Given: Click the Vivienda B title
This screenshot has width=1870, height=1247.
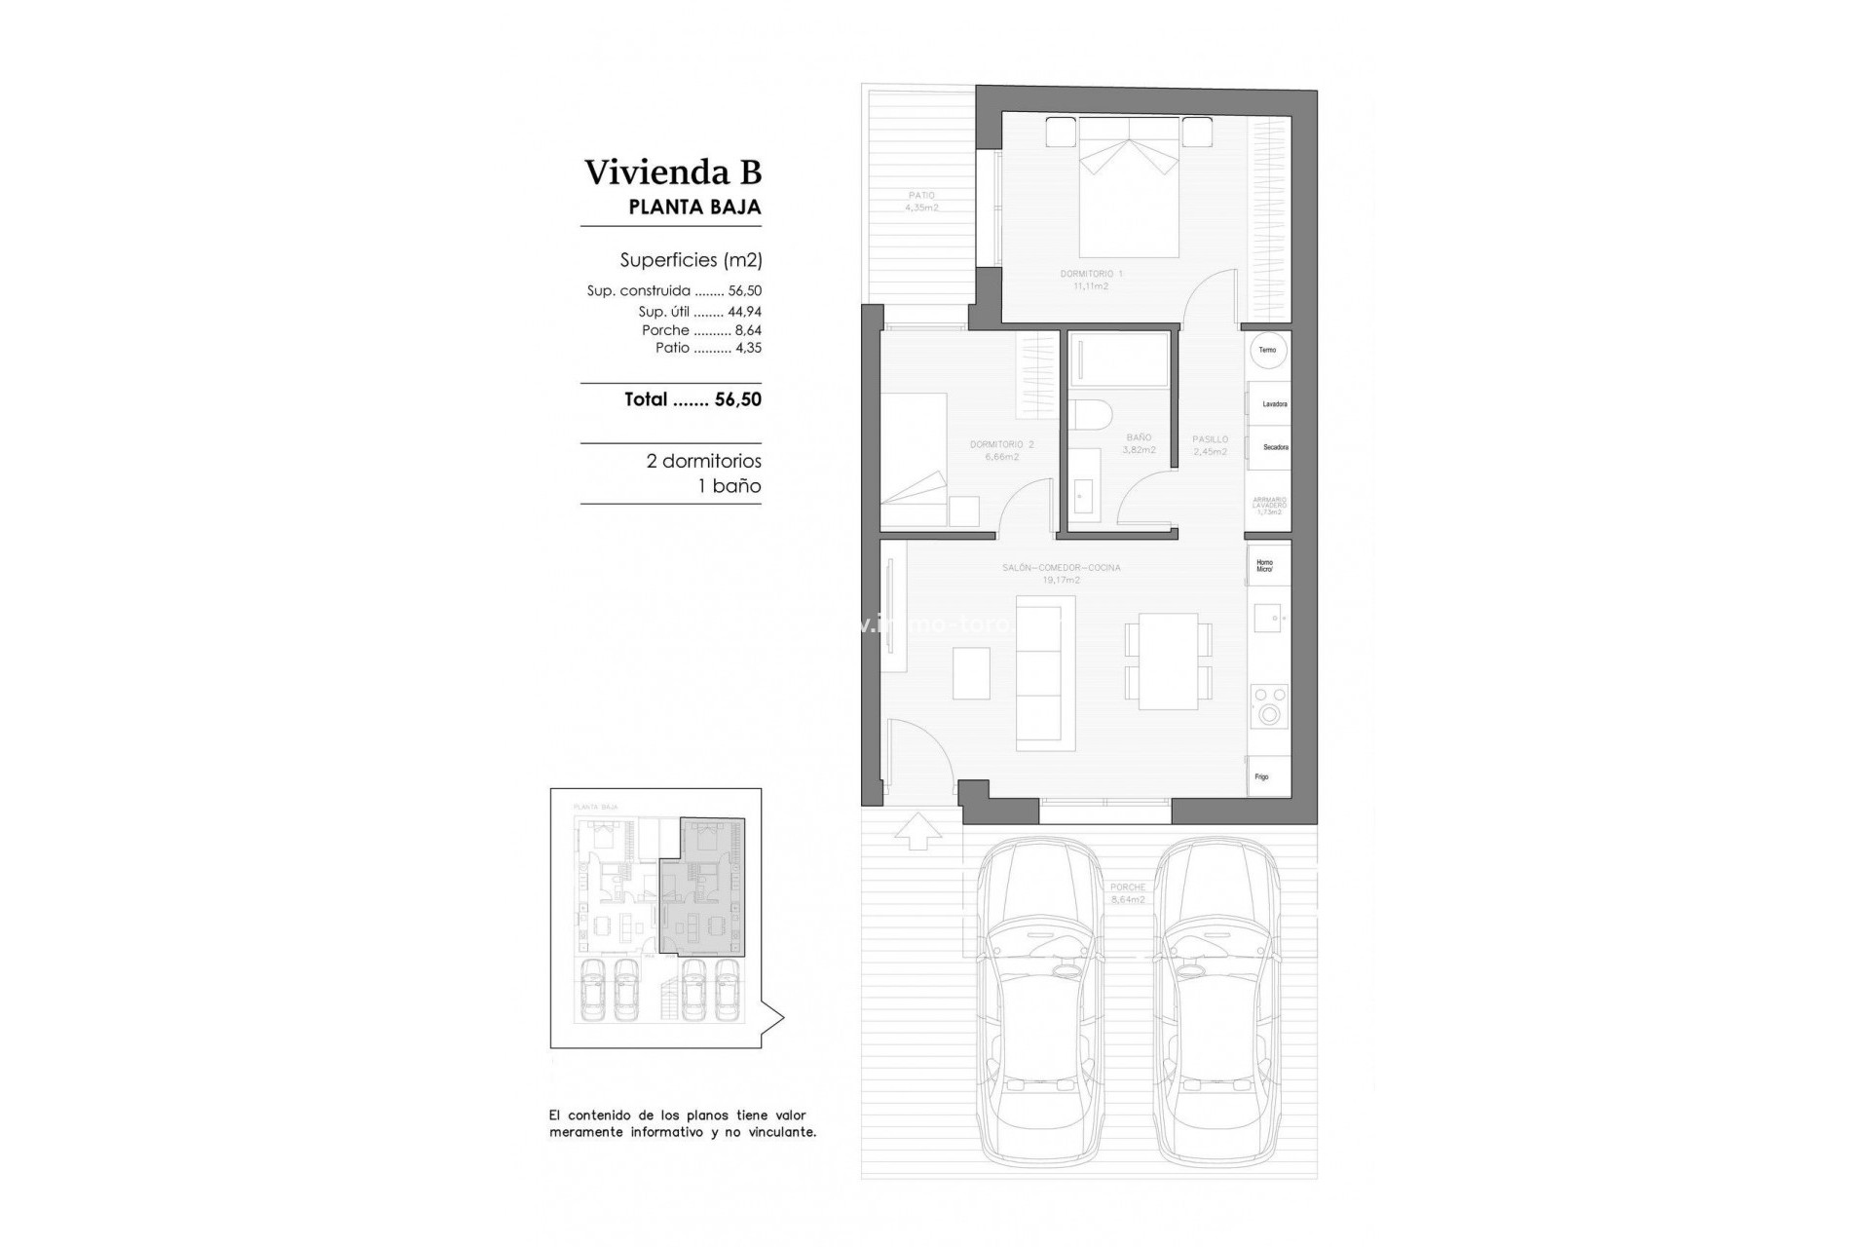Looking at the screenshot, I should [672, 172].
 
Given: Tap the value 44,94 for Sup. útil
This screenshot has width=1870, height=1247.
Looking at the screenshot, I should [744, 312].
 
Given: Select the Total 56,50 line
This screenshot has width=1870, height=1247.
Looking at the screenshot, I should [692, 399].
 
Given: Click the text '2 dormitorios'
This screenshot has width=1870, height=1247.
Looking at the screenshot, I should [703, 461].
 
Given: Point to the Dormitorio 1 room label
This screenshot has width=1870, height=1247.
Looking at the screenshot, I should [1091, 280].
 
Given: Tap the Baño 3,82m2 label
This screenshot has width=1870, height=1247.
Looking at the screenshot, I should [1139, 443].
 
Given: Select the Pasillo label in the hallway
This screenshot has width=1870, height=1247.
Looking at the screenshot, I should [1210, 445].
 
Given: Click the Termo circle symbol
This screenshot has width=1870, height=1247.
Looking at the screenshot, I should [1267, 350].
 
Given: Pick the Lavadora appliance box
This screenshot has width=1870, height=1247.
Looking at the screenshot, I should [1270, 403].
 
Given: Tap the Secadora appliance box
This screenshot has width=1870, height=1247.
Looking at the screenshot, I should [1270, 447].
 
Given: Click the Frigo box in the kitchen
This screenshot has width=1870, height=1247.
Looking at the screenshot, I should [1269, 776].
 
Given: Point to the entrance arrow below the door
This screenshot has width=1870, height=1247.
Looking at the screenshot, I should [917, 830].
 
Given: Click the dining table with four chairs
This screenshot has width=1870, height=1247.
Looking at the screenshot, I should [1168, 661].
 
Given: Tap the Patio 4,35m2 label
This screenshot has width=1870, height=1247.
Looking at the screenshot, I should [920, 202].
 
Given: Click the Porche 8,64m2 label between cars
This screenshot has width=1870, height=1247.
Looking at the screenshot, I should [1128, 893].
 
